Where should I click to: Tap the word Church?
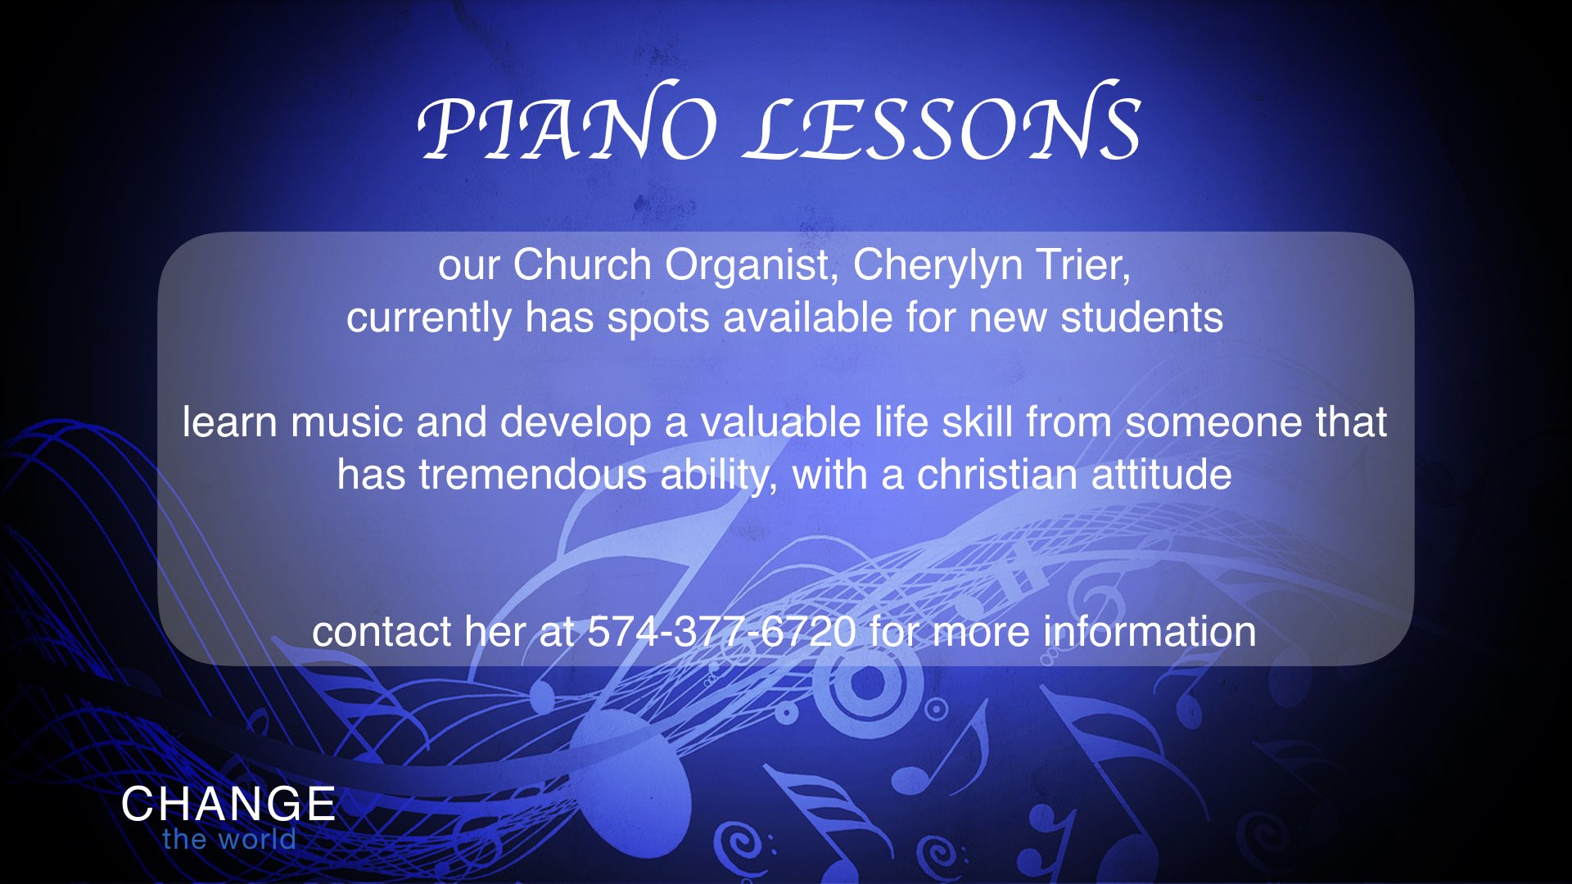[582, 265]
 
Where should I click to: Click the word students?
[1142, 318]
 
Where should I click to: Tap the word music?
[346, 422]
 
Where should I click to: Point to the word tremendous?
[533, 475]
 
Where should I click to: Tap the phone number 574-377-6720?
[722, 632]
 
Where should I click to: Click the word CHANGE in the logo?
[228, 804]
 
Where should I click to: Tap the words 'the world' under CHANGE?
[229, 839]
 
